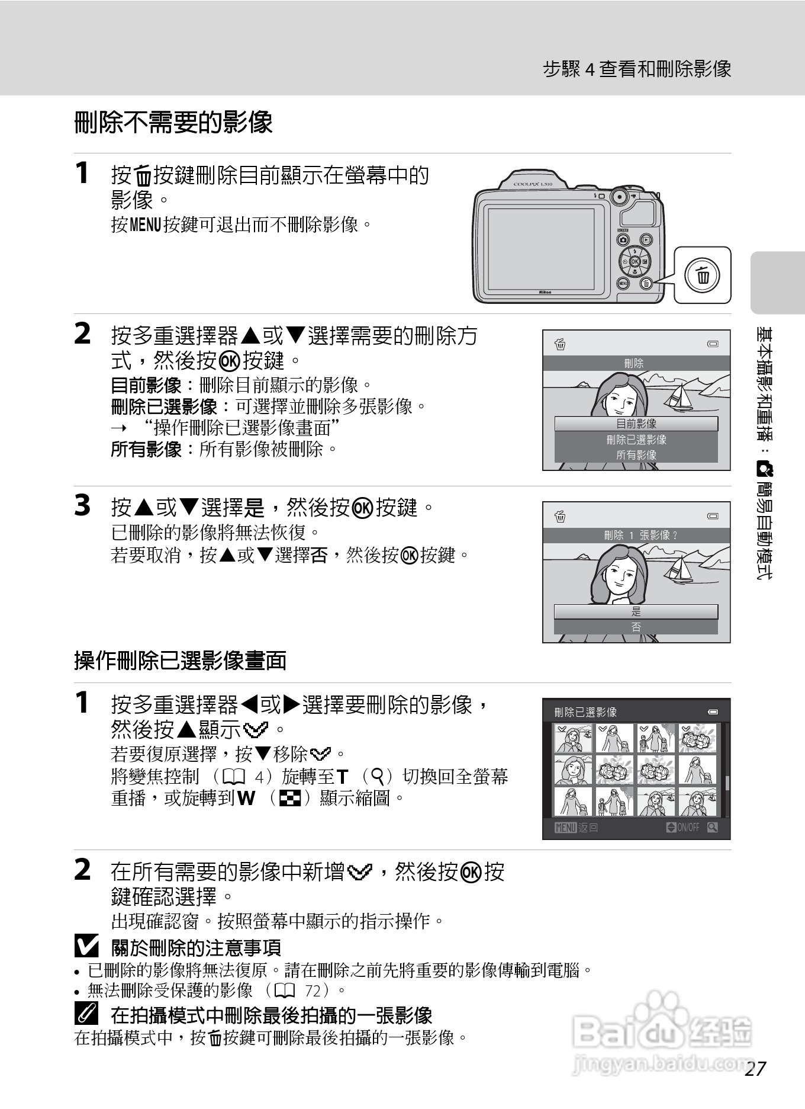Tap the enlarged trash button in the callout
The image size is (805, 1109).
point(703,275)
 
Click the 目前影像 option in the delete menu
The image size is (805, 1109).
point(636,424)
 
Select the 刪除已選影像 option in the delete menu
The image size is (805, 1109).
point(636,440)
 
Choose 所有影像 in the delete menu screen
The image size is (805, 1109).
point(636,455)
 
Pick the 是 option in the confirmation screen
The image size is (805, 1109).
point(636,611)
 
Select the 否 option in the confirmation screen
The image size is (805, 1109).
point(636,627)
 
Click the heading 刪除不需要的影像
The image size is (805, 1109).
point(173,123)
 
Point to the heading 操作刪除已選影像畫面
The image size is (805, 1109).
point(180,661)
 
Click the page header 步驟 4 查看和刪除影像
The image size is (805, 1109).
point(637,69)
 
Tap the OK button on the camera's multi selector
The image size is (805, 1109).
point(635,261)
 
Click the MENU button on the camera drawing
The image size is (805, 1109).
point(623,283)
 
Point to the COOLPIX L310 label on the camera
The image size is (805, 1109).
point(532,184)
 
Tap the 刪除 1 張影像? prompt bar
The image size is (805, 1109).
point(636,535)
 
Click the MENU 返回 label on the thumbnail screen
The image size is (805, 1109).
point(576,828)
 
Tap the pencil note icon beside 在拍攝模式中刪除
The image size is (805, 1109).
point(86,1015)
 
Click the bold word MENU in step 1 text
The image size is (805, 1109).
point(145,225)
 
